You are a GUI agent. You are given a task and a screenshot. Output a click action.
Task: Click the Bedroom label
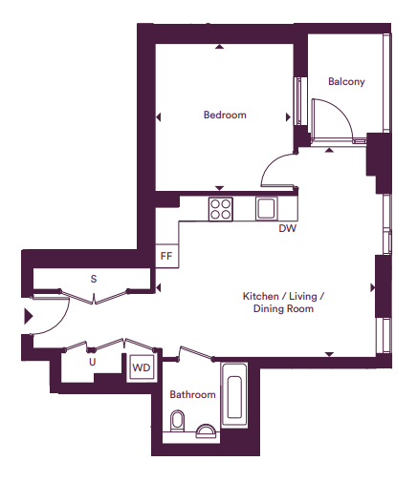click(225, 115)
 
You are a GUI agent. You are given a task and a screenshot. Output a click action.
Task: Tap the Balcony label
click(346, 81)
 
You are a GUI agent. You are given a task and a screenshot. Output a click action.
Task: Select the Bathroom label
click(192, 394)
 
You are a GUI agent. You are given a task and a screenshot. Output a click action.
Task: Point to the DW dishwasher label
click(288, 228)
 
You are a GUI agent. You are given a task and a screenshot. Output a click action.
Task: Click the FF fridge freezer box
click(166, 256)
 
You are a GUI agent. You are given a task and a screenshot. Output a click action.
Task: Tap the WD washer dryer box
click(142, 367)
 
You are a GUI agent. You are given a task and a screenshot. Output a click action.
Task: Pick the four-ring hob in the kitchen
click(221, 209)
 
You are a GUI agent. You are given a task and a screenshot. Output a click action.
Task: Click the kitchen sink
click(267, 208)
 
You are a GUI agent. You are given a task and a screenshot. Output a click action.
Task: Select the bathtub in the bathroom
click(234, 394)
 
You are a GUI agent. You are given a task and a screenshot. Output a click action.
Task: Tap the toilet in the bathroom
click(178, 421)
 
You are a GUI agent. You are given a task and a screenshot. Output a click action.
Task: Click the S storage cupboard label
click(94, 279)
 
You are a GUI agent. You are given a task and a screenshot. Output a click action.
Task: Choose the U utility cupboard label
click(93, 362)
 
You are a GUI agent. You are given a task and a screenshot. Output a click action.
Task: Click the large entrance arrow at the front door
click(29, 316)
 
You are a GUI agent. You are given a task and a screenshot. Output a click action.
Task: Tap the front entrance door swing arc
click(60, 323)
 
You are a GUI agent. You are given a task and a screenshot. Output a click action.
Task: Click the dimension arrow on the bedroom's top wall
click(219, 47)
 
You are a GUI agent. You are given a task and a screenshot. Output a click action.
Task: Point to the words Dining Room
click(283, 309)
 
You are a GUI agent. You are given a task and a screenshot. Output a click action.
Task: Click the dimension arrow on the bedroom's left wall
click(158, 117)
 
